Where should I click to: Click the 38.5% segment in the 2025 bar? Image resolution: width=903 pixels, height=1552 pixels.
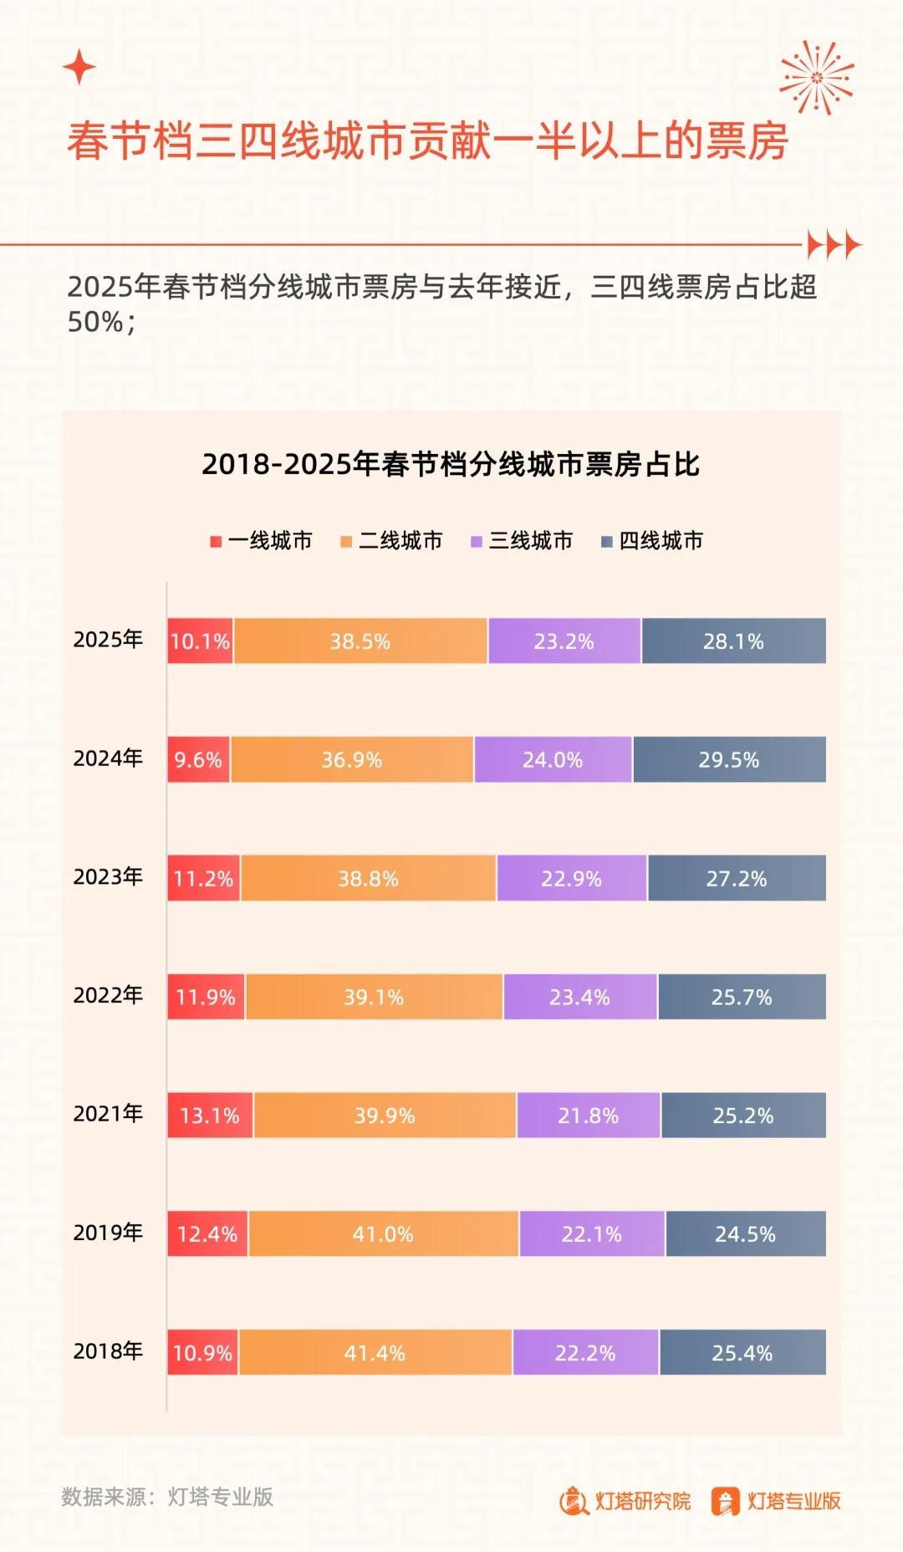pos(360,641)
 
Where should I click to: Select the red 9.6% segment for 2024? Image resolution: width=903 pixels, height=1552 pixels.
pos(198,760)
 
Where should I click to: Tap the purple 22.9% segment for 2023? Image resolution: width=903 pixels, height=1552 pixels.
pos(571,879)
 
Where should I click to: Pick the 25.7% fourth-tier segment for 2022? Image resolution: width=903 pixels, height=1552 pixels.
pos(742,998)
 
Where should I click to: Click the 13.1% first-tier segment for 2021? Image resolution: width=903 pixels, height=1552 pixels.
pos(210,1115)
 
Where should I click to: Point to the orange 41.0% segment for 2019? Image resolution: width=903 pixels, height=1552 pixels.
pos(383,1234)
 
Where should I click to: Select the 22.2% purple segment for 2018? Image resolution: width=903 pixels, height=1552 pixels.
pos(585,1353)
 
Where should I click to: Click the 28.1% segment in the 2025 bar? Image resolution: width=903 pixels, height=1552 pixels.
pos(733,641)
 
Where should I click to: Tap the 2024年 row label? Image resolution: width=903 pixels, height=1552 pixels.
pos(108,758)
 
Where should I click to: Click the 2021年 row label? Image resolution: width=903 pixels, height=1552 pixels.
pos(108,1114)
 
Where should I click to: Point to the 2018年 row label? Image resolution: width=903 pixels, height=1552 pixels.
pos(108,1351)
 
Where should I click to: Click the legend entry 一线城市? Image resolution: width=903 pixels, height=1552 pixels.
pos(261,541)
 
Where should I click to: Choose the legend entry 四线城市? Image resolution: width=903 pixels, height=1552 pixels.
pos(652,541)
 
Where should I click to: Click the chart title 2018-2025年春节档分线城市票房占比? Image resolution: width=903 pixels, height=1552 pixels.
pos(451,464)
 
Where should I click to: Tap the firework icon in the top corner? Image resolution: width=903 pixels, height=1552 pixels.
pos(816,78)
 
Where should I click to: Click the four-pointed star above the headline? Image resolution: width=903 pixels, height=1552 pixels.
pos(79,67)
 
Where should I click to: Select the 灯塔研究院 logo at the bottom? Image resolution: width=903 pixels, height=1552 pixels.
pos(625,1502)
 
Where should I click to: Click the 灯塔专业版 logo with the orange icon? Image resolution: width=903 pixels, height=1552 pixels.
pos(776,1502)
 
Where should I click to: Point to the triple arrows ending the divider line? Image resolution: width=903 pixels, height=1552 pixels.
pos(834,245)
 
